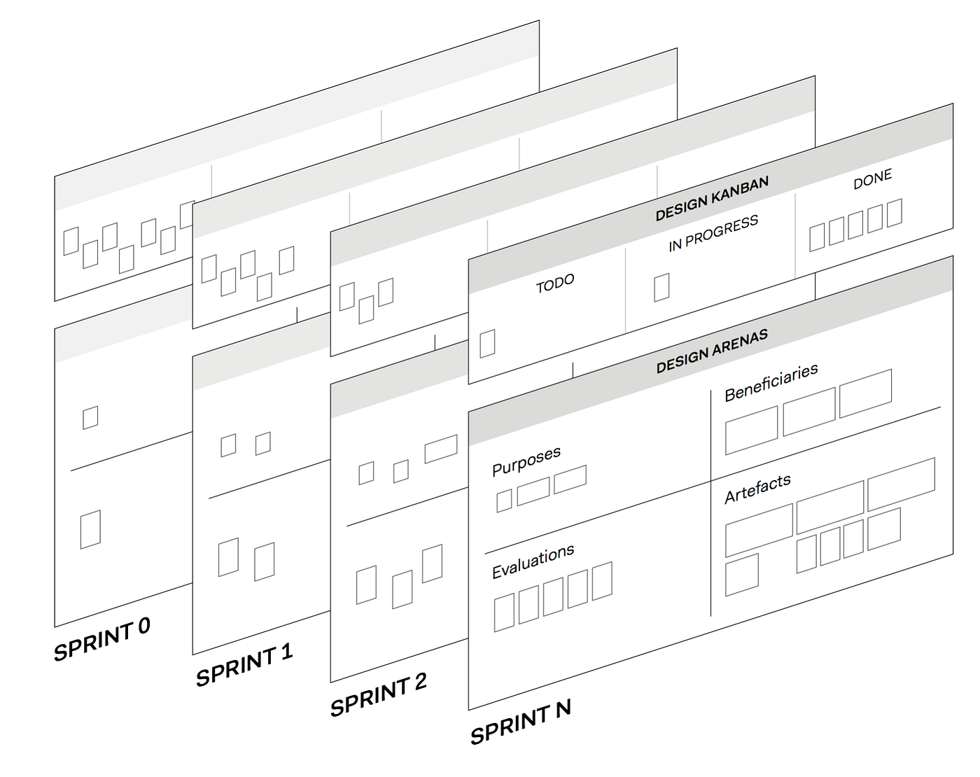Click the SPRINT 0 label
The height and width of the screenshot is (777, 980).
[102, 638]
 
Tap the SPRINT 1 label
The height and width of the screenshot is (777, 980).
[244, 666]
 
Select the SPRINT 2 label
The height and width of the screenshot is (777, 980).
[379, 695]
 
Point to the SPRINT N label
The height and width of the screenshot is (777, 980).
[520, 722]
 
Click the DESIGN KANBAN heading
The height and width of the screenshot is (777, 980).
[712, 198]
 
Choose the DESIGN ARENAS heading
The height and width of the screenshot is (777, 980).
[712, 351]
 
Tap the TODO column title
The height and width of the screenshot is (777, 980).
[555, 283]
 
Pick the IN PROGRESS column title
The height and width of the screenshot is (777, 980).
[713, 233]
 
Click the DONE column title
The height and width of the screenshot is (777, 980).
[872, 179]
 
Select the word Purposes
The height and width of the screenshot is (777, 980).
[526, 461]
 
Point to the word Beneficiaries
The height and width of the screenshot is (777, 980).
[771, 382]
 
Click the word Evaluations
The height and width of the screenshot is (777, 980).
[533, 561]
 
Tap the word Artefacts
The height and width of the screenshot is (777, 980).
[757, 489]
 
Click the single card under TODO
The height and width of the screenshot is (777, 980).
[487, 343]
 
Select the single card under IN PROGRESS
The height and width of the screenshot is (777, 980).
[661, 287]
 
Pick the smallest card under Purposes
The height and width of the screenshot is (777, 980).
[504, 500]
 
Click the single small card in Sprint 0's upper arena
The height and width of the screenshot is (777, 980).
[90, 417]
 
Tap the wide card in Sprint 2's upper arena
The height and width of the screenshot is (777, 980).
[441, 449]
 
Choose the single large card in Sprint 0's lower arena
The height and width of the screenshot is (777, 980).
[90, 528]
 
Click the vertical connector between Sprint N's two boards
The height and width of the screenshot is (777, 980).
[573, 370]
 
